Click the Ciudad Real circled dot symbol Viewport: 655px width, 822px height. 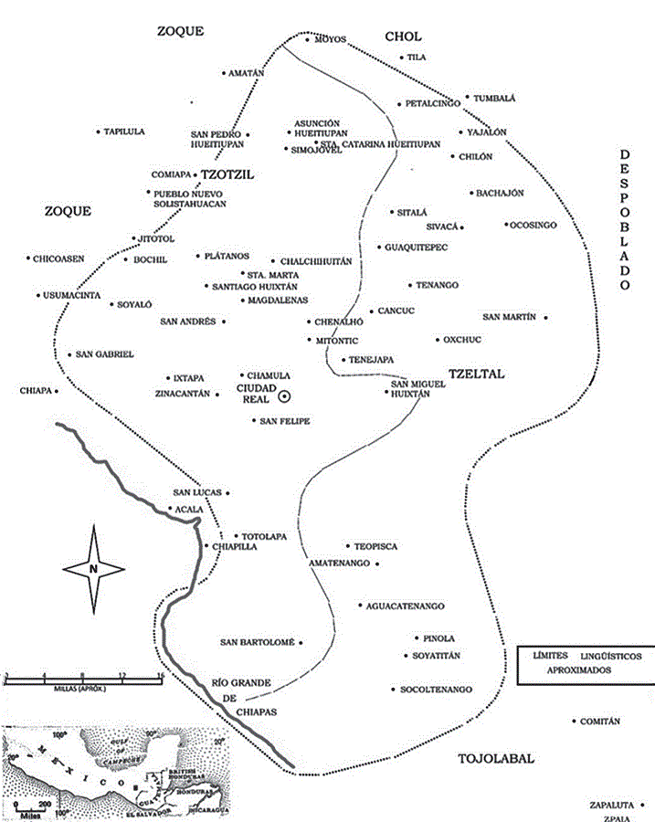coord(284,395)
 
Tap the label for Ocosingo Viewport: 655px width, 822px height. coord(534,224)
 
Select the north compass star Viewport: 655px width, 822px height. coord(94,568)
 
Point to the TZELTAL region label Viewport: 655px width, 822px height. coord(477,374)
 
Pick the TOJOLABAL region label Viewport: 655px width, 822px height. coord(495,758)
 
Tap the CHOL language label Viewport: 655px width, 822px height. coord(403,37)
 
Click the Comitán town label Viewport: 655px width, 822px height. coord(600,722)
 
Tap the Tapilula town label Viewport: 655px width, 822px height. coord(124,132)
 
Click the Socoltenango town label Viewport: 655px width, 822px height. coord(435,689)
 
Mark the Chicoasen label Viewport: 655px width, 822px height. coord(58,258)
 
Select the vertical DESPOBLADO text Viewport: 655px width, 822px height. coord(626,220)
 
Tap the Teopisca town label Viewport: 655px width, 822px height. coord(376,545)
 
